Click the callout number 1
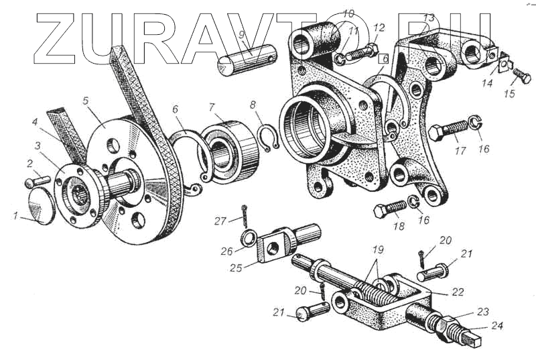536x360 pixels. (15, 216)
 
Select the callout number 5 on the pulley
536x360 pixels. (86, 101)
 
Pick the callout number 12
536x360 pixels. (379, 27)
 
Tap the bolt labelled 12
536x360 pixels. (362, 52)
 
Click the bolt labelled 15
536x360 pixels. (522, 76)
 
